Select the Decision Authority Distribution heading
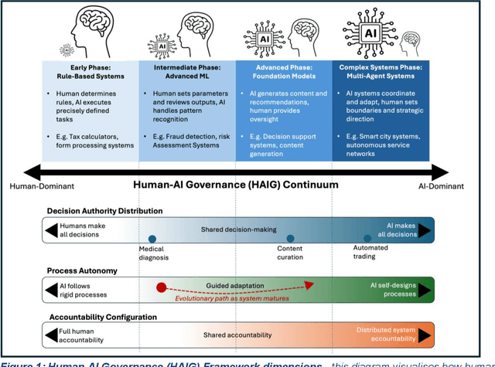(x=104, y=211)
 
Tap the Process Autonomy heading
(x=83, y=271)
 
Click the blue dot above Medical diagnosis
(x=152, y=240)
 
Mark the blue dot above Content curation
(x=290, y=240)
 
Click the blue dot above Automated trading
(x=367, y=240)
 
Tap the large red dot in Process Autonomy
(x=162, y=288)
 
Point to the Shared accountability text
(x=238, y=335)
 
